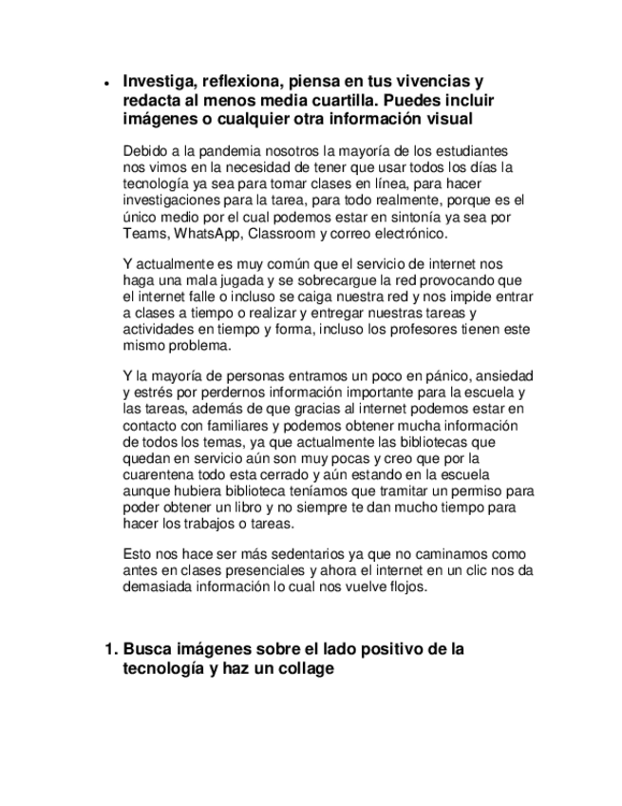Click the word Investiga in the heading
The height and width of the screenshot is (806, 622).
coord(157,82)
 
